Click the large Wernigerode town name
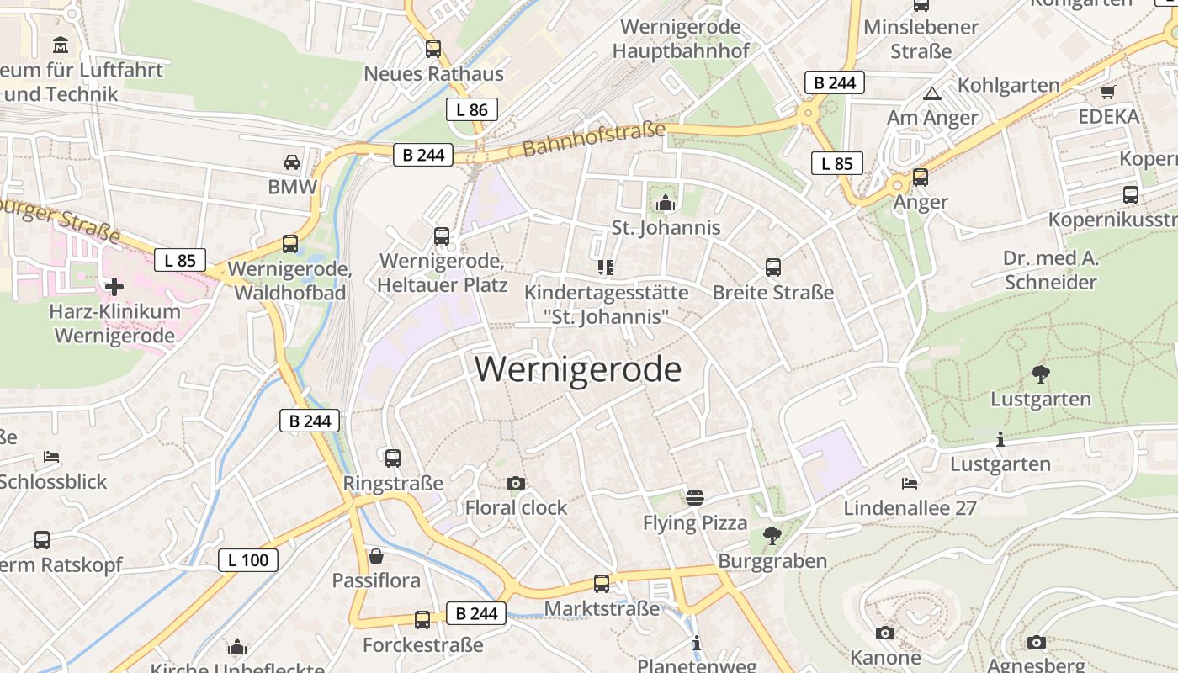578,369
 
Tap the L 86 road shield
472,109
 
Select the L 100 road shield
248,560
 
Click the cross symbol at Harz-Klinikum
114,287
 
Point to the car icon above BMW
292,162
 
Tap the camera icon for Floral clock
516,483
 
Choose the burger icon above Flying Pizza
694,497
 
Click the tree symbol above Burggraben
772,535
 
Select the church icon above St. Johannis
666,203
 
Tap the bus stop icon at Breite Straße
773,268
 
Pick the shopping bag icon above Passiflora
376,556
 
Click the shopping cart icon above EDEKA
1108,92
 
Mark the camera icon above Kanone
885,633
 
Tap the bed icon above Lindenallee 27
910,484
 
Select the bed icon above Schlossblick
51,457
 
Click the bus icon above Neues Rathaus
433,49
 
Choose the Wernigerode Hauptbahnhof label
681,39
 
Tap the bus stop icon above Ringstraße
393,458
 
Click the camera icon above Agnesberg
1037,642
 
